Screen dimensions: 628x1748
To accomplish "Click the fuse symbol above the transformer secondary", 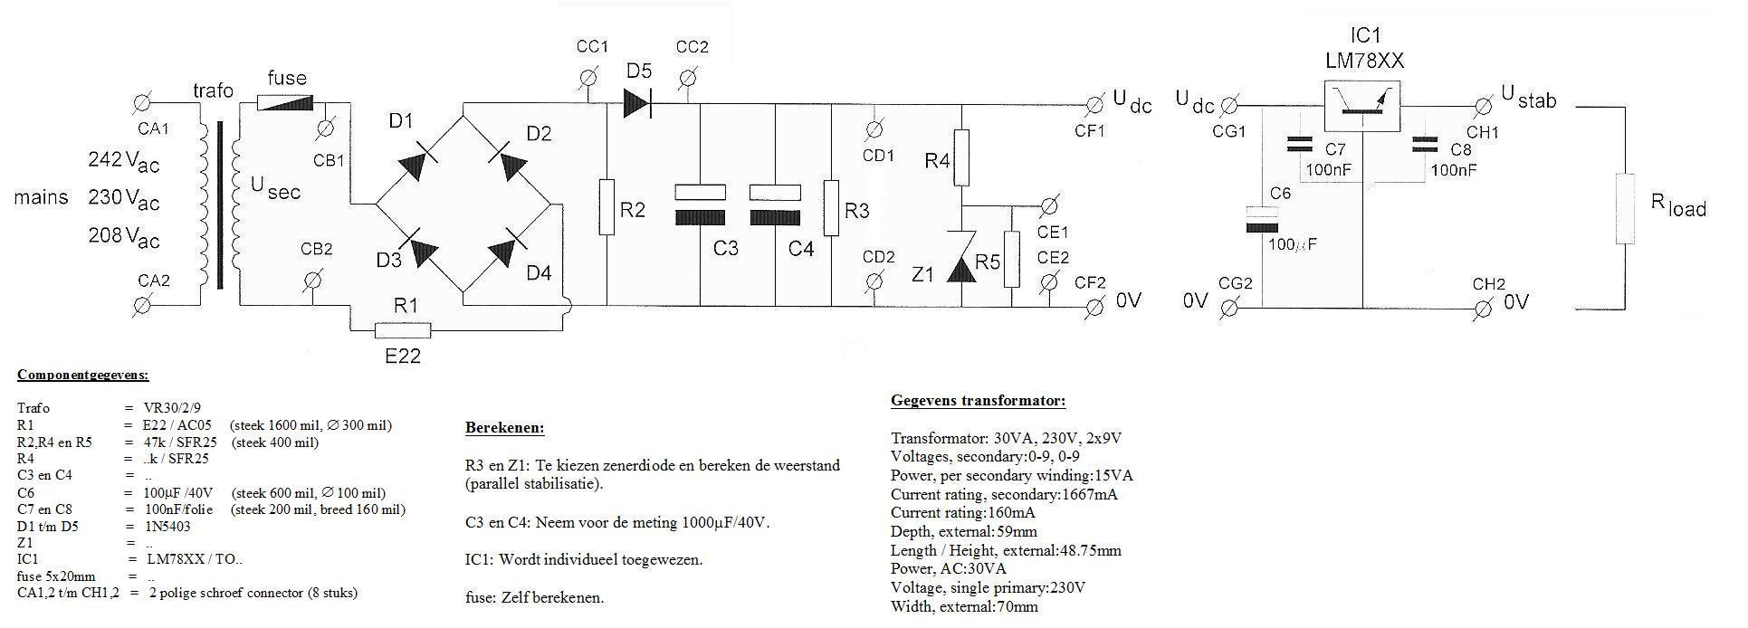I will tap(285, 104).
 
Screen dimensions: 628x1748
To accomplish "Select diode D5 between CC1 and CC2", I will tap(637, 103).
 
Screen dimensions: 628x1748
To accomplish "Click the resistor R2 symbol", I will tap(606, 207).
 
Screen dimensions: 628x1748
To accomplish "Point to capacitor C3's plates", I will tap(701, 205).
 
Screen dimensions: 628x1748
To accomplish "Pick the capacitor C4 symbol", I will tap(776, 205).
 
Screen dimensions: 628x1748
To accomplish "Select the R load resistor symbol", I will tap(1625, 210).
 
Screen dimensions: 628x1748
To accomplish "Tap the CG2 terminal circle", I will tap(1229, 309).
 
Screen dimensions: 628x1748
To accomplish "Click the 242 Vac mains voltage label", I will tap(123, 161).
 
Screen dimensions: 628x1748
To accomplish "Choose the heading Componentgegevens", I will tap(82, 375).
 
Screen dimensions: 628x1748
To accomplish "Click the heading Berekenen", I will tap(504, 427).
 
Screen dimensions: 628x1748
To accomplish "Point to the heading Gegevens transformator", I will tap(978, 401).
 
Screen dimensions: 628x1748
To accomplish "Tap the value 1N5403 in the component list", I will tap(167, 526).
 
